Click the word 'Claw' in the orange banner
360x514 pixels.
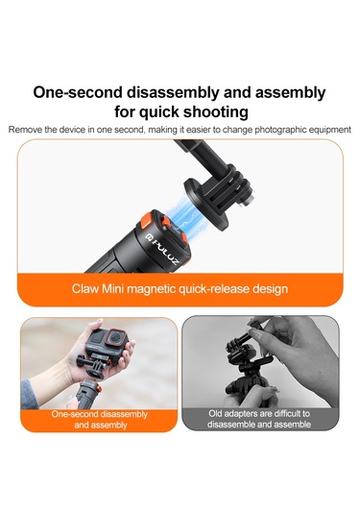(86, 288)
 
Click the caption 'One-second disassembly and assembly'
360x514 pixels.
(100, 419)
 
